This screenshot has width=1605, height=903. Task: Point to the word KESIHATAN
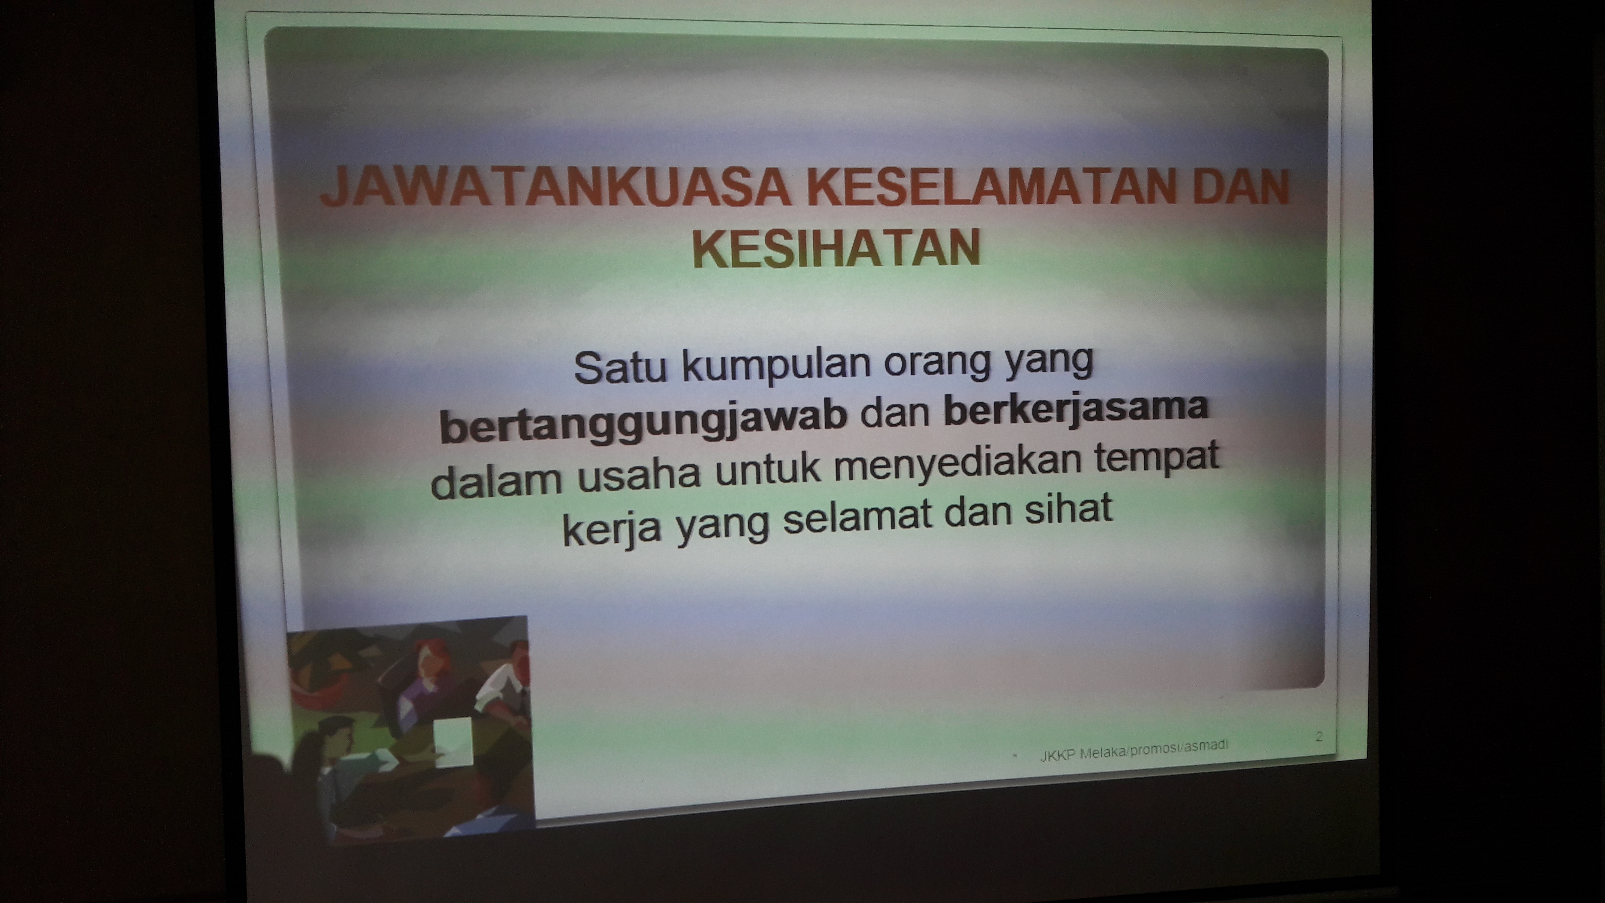coord(837,248)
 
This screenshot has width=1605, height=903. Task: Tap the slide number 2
coord(1319,737)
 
